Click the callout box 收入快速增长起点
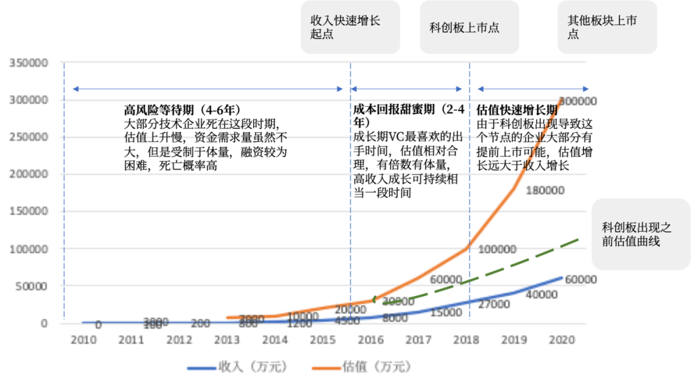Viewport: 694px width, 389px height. [x=350, y=27]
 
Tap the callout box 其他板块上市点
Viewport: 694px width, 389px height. [x=607, y=27]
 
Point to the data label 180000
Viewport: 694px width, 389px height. [x=546, y=191]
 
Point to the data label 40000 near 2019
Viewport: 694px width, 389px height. [x=542, y=295]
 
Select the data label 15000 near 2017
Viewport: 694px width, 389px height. [x=447, y=313]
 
